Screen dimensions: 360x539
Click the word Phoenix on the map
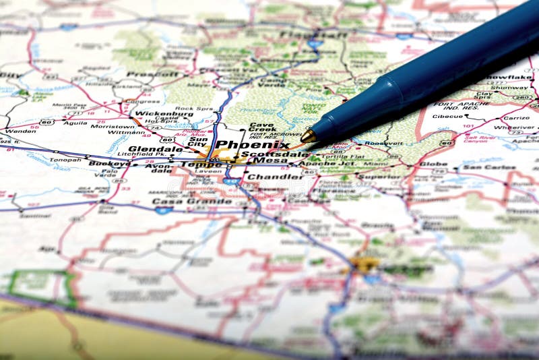pos(253,144)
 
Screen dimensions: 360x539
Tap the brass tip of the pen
pos(309,136)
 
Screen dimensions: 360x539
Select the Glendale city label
pos(155,149)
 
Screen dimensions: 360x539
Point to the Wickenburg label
pos(164,114)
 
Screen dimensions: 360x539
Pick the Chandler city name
pos(274,177)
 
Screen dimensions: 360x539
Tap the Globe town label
pos(433,164)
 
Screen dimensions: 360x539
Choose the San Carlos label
pos(489,167)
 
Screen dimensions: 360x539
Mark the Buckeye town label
pos(110,164)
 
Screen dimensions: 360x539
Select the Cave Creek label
pos(263,127)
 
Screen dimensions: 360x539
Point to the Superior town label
pos(379,177)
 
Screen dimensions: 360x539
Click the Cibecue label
pos(448,116)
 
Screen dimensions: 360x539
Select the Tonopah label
pos(65,160)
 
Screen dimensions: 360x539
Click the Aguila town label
pos(75,123)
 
